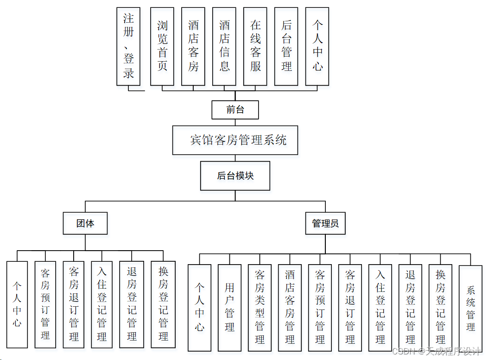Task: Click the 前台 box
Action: click(x=235, y=110)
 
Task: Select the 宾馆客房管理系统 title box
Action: click(x=235, y=140)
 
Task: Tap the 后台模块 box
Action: click(x=235, y=176)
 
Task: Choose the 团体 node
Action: click(x=85, y=224)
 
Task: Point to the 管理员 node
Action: click(x=325, y=224)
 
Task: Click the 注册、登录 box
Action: click(x=128, y=46)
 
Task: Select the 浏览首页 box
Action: click(x=162, y=46)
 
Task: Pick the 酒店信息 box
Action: click(x=224, y=46)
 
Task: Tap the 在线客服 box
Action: click(x=255, y=46)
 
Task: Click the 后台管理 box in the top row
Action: click(x=286, y=46)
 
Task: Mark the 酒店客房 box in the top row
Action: click(x=193, y=46)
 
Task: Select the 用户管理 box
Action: click(x=230, y=307)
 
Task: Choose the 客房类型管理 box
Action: click(x=260, y=307)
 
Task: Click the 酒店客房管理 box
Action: click(x=290, y=307)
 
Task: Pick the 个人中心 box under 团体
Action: click(x=17, y=304)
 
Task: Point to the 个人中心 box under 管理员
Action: click(x=199, y=307)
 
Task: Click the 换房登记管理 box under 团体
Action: click(x=163, y=304)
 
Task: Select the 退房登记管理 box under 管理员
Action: click(x=410, y=307)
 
